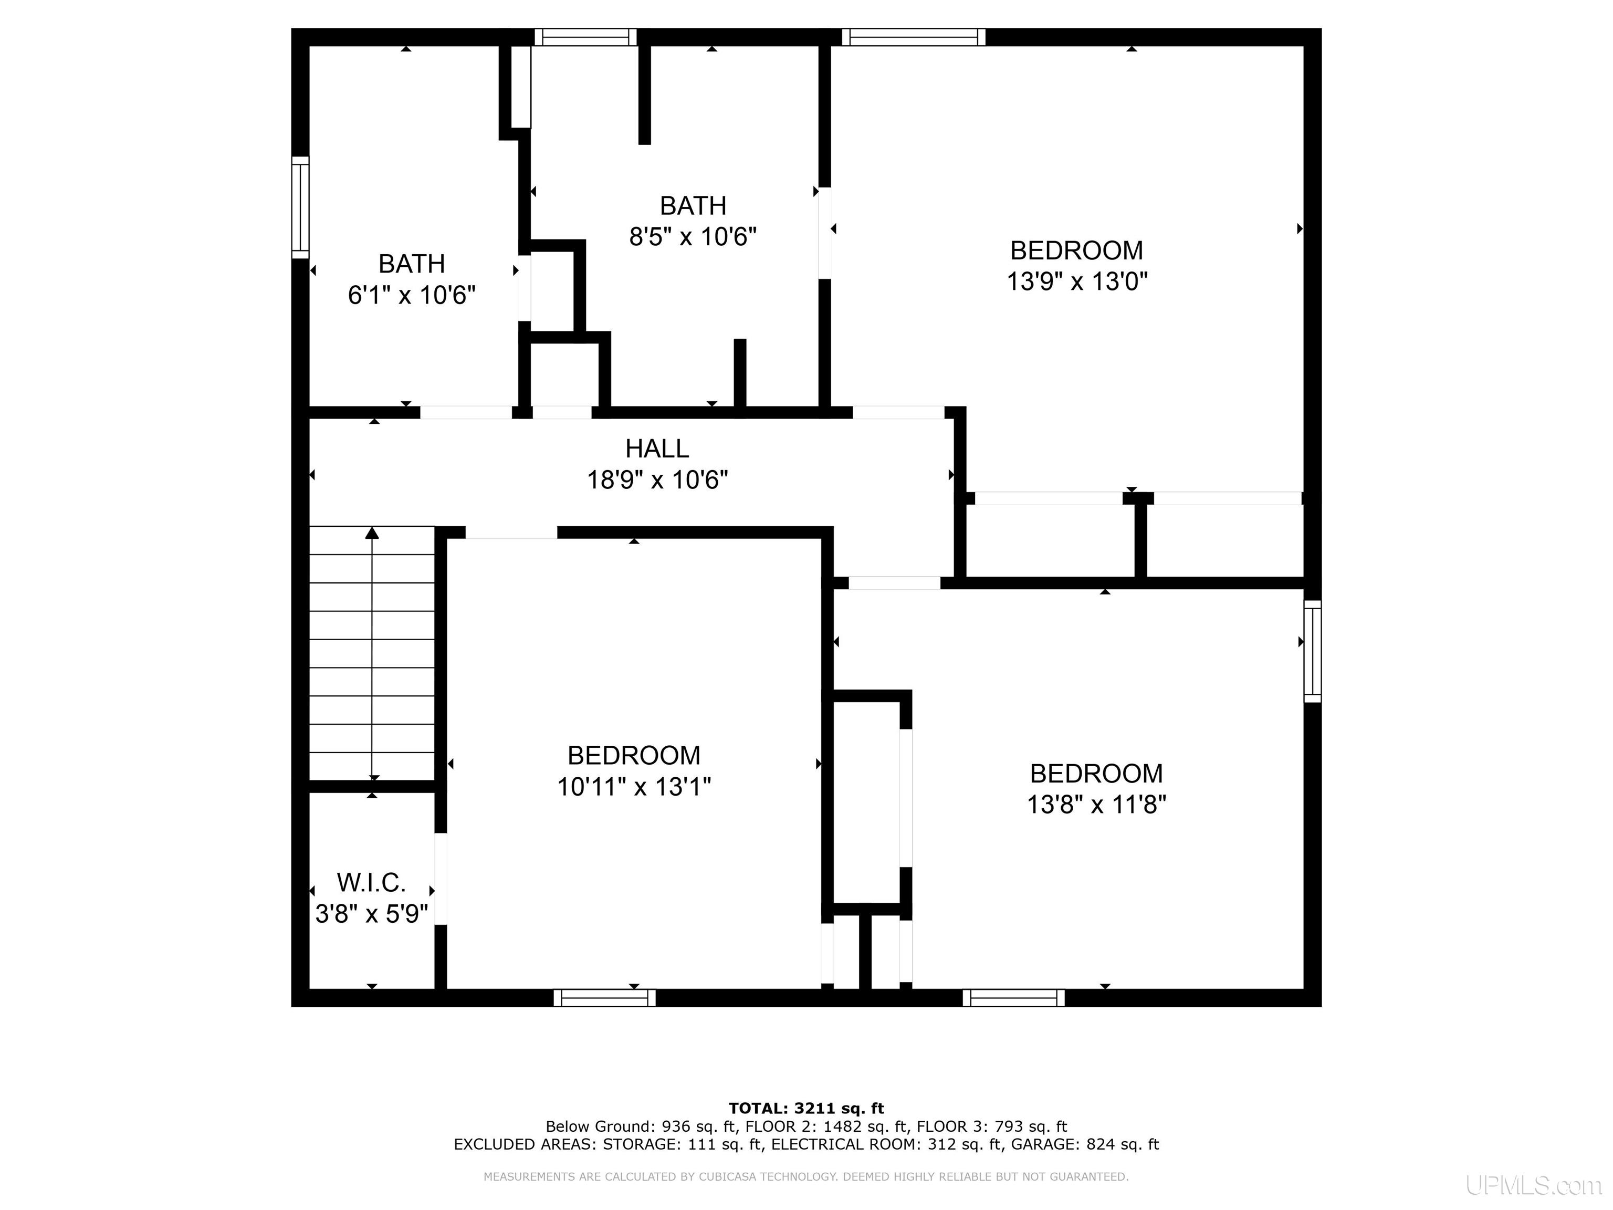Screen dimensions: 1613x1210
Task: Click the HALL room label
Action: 657,448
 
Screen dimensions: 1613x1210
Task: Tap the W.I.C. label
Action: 371,882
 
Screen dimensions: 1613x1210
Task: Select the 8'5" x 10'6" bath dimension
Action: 693,237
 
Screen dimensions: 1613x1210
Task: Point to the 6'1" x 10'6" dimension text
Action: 412,295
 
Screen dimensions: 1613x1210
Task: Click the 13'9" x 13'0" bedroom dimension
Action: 1077,281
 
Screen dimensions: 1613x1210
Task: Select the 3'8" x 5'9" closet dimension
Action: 371,914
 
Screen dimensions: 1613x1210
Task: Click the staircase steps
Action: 372,653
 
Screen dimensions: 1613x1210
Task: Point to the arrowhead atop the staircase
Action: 372,533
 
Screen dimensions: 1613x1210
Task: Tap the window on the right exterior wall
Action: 1313,651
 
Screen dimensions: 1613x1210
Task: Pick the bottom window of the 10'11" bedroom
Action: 604,998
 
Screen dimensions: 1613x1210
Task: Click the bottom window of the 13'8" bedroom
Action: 1013,998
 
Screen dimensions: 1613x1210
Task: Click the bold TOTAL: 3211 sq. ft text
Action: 806,1109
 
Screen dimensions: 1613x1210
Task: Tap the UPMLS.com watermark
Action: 1534,1185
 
